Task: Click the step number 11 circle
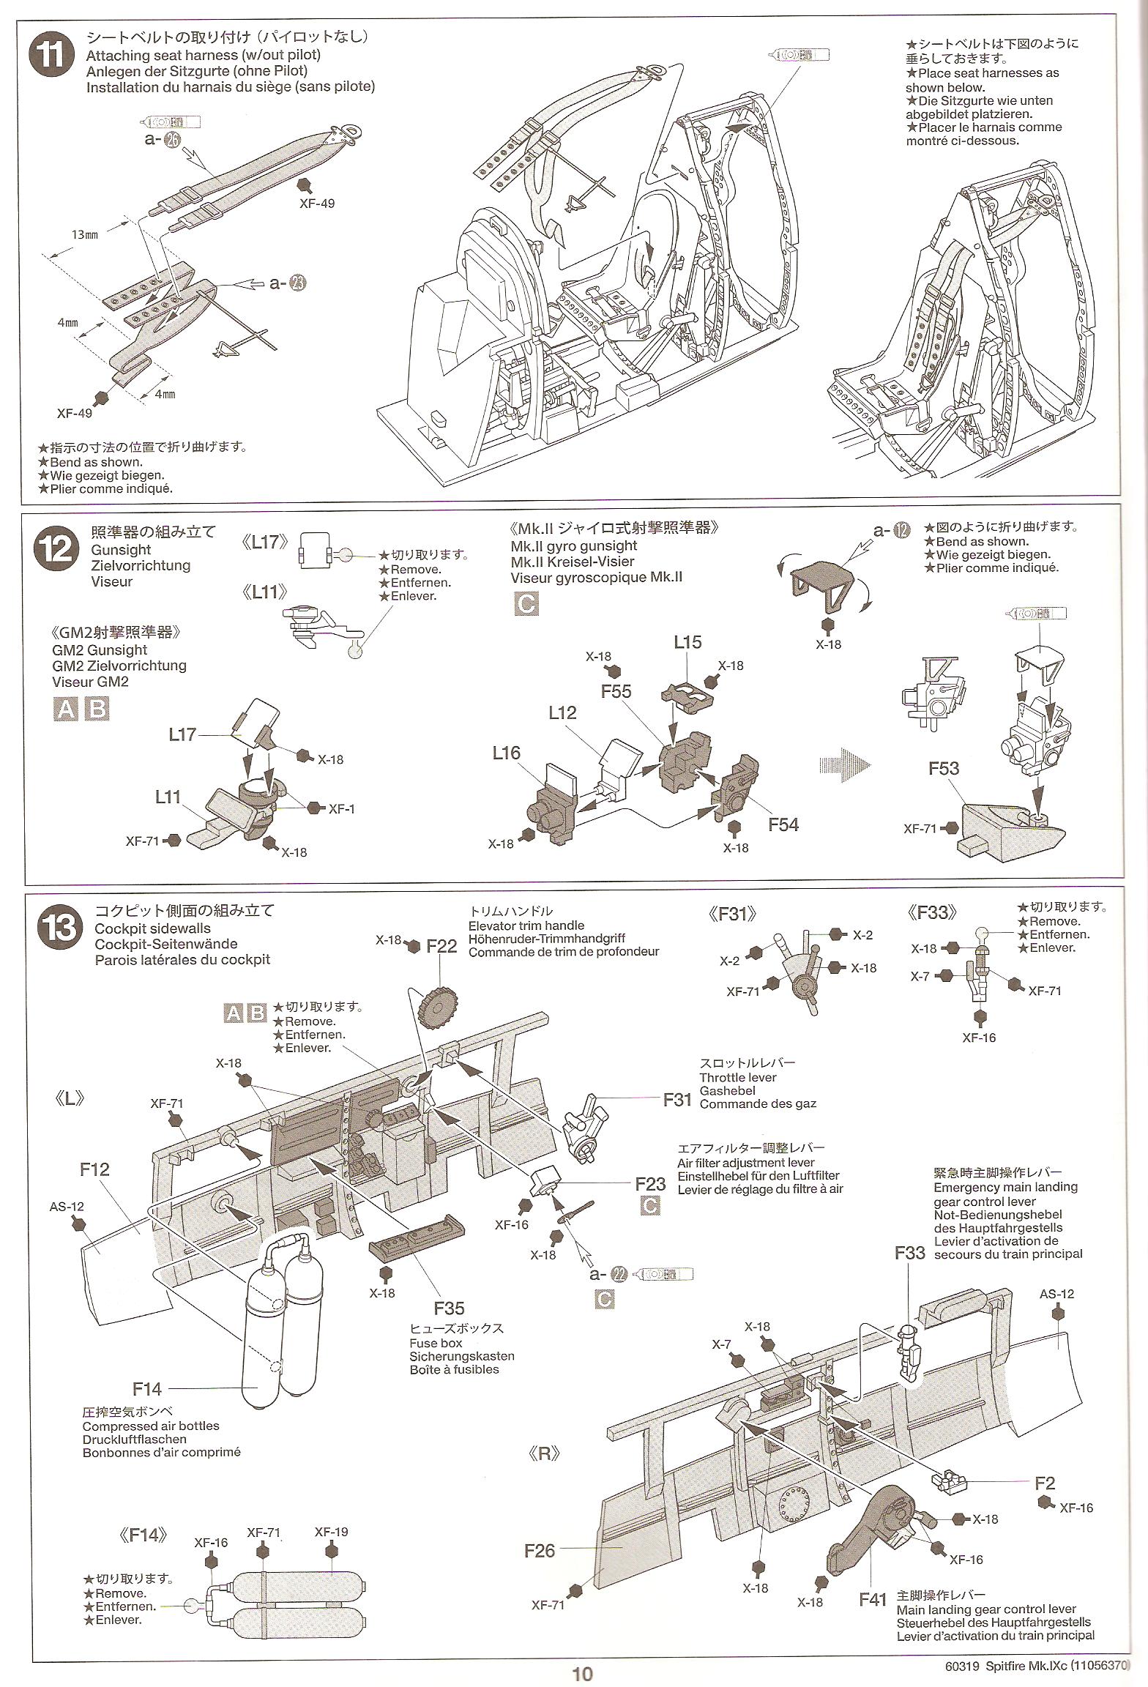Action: tap(51, 56)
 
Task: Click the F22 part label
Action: tap(441, 946)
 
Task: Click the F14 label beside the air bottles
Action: tap(147, 1388)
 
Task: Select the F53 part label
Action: tap(944, 768)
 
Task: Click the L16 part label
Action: tap(506, 753)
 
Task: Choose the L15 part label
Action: tap(687, 642)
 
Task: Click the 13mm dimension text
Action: tap(84, 235)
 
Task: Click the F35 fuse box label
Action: tap(449, 1308)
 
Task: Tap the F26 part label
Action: tap(540, 1550)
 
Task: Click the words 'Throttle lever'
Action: tap(737, 1077)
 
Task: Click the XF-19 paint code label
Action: tap(331, 1531)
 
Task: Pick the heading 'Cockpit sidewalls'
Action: tap(152, 928)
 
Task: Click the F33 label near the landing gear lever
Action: tap(909, 1252)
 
